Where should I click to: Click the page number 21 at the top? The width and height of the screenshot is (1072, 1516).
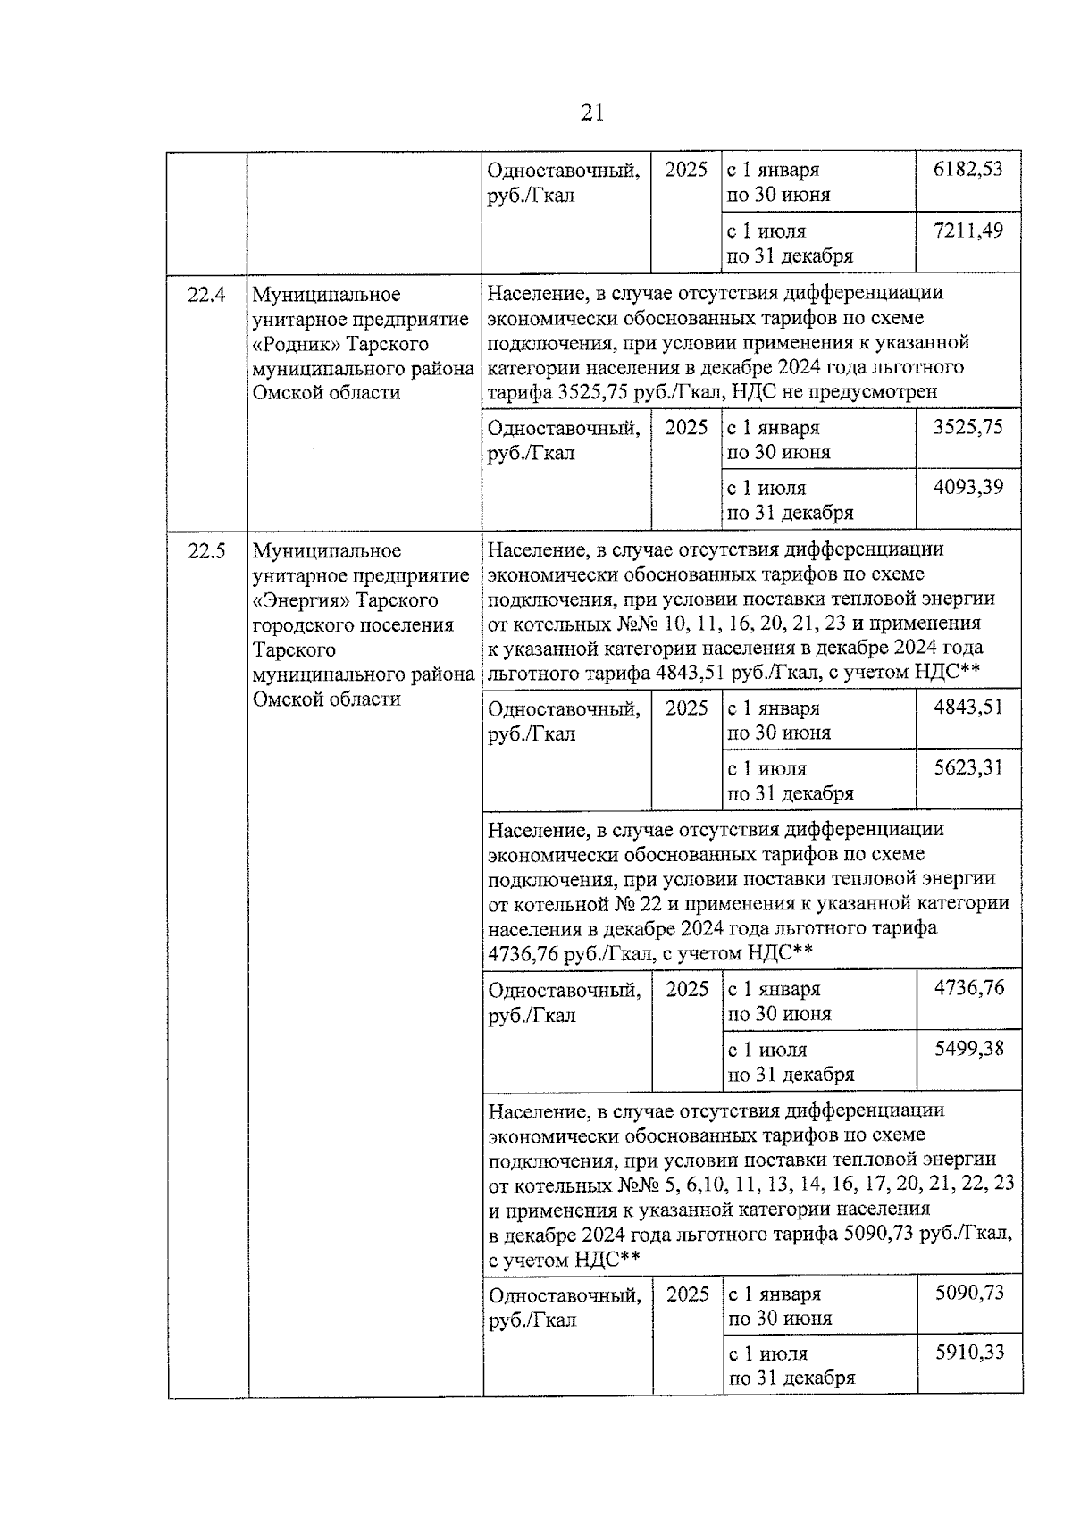pyautogui.click(x=591, y=113)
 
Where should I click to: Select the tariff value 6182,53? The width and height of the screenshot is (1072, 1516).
pyautogui.click(x=967, y=169)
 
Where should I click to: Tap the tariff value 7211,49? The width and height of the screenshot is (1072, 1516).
pyautogui.click(x=967, y=230)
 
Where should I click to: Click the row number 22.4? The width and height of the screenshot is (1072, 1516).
pyautogui.click(x=206, y=294)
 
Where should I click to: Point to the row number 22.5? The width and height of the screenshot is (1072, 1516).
pyautogui.click(x=206, y=551)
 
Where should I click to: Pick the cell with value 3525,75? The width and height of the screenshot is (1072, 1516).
pyautogui.click(x=967, y=427)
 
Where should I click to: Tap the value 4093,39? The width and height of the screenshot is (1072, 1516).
pyautogui.click(x=967, y=487)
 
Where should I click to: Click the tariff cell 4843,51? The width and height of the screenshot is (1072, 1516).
pyautogui.click(x=967, y=708)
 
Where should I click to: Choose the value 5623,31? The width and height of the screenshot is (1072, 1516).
pyautogui.click(x=967, y=767)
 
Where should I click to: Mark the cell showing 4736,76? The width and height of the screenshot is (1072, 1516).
pyautogui.click(x=968, y=988)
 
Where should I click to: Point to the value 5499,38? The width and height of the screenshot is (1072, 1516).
pyautogui.click(x=968, y=1049)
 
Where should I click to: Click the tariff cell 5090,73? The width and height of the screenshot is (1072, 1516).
pyautogui.click(x=968, y=1293)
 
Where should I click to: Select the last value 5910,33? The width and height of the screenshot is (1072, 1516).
pyautogui.click(x=968, y=1353)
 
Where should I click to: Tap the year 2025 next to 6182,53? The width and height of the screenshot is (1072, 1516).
pyautogui.click(x=686, y=170)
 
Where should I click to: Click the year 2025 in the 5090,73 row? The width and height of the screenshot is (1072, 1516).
pyautogui.click(x=687, y=1294)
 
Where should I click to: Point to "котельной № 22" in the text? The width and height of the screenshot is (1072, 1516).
pyautogui.click(x=591, y=903)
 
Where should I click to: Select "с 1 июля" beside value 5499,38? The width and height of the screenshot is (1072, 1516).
pyautogui.click(x=767, y=1051)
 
